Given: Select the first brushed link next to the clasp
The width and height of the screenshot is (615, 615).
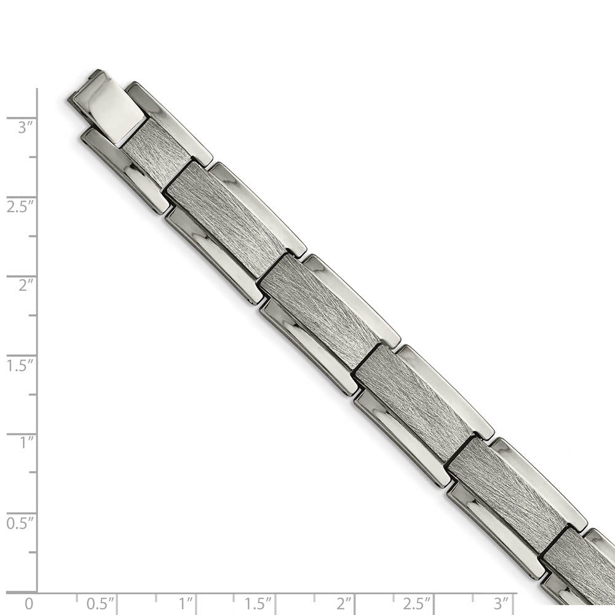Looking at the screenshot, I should tap(154, 148).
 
